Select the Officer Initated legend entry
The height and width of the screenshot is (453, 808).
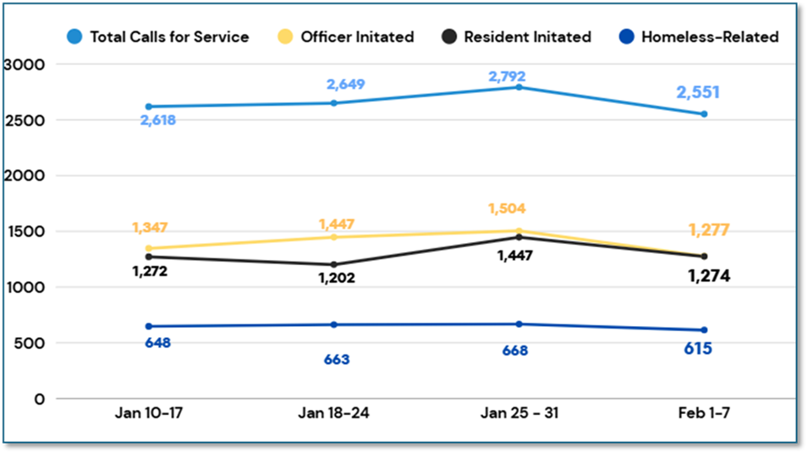tap(346, 36)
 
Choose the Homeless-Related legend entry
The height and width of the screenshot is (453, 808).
tap(698, 36)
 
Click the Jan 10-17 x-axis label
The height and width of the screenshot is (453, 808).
tap(150, 414)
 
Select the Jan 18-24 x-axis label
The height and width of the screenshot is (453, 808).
tap(334, 414)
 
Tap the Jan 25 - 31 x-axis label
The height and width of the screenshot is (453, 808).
tap(519, 414)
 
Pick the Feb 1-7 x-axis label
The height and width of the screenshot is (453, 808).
tap(703, 414)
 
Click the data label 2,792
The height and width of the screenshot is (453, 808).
tap(507, 76)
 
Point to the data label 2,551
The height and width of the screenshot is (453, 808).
tap(698, 93)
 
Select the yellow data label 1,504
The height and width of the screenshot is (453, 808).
tap(507, 209)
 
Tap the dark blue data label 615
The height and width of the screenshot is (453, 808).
tap(698, 349)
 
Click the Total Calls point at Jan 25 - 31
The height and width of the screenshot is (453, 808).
tap(519, 87)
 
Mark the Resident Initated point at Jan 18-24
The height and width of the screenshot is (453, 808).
tap(334, 264)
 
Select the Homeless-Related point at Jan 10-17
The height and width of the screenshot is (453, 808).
tap(150, 326)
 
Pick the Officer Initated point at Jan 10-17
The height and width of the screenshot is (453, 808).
tap(150, 249)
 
